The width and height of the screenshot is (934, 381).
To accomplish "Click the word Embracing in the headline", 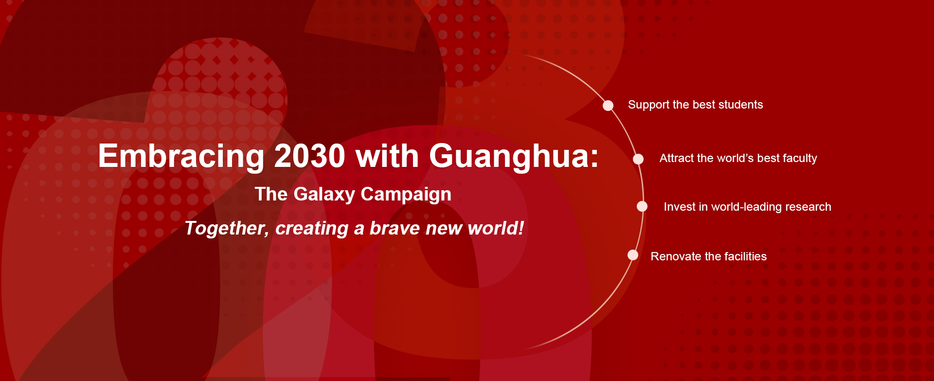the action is point(181,157).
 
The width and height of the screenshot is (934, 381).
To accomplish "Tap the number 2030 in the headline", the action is point(310,156).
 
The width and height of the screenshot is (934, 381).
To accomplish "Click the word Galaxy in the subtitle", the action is point(324,195).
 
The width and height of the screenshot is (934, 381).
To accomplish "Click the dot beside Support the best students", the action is point(608,106).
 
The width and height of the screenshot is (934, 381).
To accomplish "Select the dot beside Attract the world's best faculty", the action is point(638,159).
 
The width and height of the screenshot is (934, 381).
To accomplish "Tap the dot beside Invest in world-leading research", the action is point(642,206).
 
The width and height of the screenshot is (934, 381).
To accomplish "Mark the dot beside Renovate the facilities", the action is point(633,255).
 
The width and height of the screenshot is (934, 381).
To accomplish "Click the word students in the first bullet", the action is point(741,105).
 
